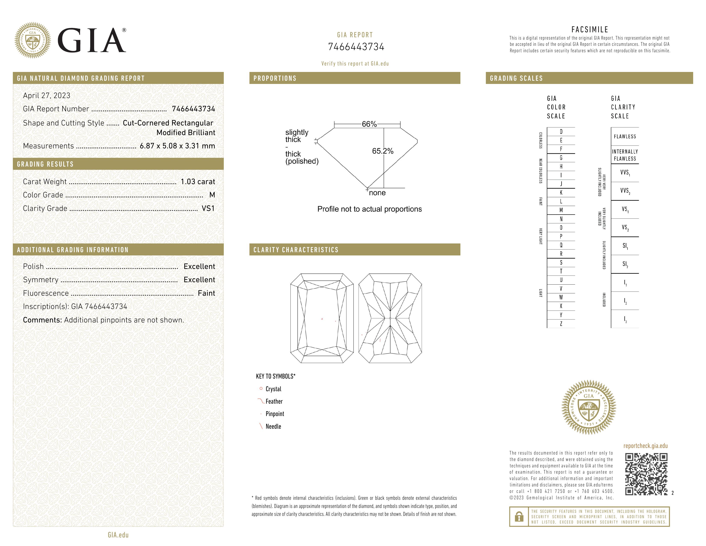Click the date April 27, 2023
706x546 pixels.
point(47,95)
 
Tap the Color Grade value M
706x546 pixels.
point(212,195)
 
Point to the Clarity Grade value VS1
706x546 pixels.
point(208,208)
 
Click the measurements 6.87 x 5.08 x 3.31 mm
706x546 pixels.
point(177,146)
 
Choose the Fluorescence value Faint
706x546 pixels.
point(206,293)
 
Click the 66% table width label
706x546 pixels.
point(369,124)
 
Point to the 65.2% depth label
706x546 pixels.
point(383,151)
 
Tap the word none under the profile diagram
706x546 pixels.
point(377,193)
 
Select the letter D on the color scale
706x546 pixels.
point(561,132)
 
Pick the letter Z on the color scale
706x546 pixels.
point(561,324)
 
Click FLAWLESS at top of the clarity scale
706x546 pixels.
point(624,137)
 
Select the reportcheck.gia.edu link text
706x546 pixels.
point(645,446)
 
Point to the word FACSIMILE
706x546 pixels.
point(590,29)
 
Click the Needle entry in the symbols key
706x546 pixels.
point(273,426)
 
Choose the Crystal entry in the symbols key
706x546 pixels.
point(273,389)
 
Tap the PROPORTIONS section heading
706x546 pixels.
point(275,78)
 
